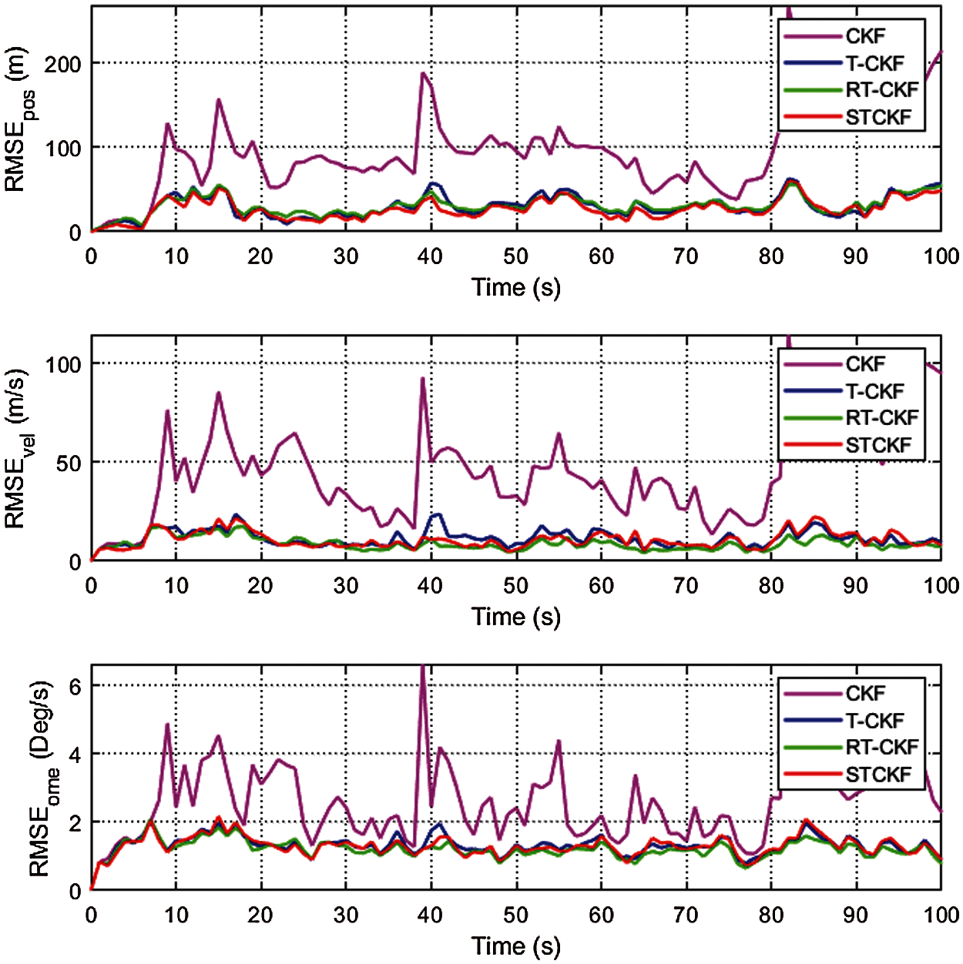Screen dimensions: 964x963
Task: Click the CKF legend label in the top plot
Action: click(865, 36)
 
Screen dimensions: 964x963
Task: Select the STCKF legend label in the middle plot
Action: click(878, 445)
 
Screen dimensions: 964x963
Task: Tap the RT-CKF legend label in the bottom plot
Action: click(882, 747)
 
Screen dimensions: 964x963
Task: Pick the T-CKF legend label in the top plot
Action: click(874, 63)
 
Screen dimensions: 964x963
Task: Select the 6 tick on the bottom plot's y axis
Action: click(75, 686)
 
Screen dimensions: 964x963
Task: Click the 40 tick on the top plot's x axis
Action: click(430, 256)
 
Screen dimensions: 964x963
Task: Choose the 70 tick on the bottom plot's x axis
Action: click(686, 915)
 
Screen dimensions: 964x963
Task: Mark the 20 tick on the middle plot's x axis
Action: click(260, 586)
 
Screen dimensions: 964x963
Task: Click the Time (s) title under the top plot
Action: click(516, 287)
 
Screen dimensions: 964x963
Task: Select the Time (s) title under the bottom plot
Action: click(516, 946)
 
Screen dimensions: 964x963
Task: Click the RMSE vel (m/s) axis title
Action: click(19, 449)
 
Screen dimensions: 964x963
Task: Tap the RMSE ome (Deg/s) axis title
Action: click(42, 778)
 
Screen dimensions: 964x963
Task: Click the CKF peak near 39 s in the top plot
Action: click(423, 73)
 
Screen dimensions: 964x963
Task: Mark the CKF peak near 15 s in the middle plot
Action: click(219, 393)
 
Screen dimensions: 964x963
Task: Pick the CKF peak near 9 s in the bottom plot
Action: click(167, 725)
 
